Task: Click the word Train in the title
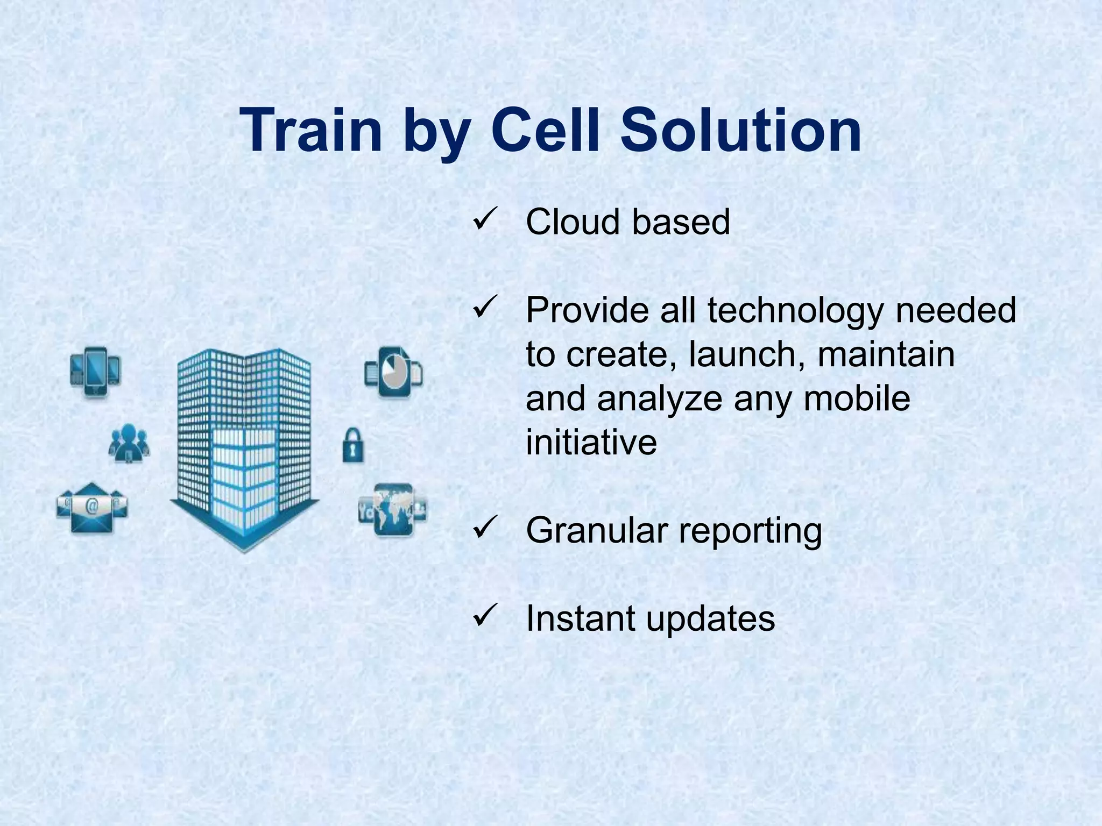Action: (311, 131)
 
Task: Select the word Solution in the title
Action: (741, 131)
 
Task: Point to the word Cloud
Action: (573, 222)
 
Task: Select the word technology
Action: (795, 311)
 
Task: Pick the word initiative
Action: (591, 443)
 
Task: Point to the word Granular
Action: (597, 531)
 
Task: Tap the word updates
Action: (710, 619)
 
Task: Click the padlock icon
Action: (353, 445)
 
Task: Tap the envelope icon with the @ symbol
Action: (92, 507)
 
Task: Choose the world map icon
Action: (393, 509)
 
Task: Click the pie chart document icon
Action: (393, 372)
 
